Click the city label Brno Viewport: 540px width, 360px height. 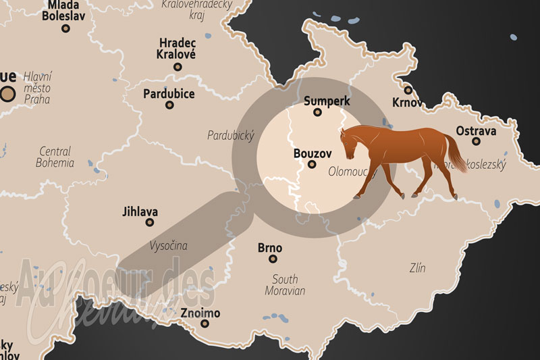(x=270, y=248)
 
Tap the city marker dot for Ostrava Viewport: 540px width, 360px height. (x=476, y=142)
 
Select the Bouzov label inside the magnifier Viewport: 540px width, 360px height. (x=311, y=153)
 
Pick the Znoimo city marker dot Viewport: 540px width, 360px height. (x=205, y=324)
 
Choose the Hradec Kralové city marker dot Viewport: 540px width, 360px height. (x=178, y=67)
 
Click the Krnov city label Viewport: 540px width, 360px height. (x=407, y=103)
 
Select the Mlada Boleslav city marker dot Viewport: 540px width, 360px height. (x=65, y=28)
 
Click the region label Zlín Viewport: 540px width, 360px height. (x=417, y=268)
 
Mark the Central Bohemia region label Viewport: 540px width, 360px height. (x=55, y=157)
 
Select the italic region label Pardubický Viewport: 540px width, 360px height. (x=231, y=136)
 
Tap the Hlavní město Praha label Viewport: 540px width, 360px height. (x=38, y=88)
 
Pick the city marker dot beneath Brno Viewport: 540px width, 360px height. (x=273, y=259)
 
